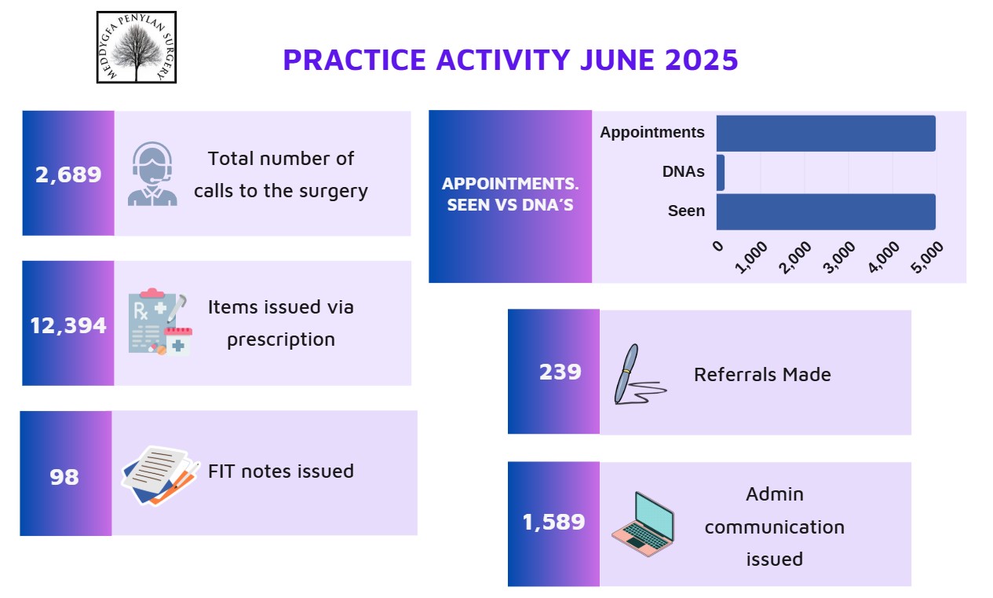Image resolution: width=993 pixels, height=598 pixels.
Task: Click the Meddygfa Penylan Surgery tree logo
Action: [x=137, y=47]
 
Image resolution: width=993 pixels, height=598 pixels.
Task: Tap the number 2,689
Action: [x=68, y=174]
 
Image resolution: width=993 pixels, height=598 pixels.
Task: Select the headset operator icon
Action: [x=152, y=174]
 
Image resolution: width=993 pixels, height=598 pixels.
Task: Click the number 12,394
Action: [x=68, y=325]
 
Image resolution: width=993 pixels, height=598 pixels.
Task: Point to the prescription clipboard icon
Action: [x=160, y=322]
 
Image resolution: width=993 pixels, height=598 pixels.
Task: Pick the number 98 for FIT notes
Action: [x=64, y=477]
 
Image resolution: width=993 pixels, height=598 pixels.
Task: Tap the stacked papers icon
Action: [x=160, y=475]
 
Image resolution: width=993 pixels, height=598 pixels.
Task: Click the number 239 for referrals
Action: [x=560, y=372]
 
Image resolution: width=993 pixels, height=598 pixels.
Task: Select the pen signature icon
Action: [x=640, y=374]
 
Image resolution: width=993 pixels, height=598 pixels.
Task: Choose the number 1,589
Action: [x=553, y=522]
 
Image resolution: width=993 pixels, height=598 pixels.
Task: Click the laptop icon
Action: [x=643, y=524]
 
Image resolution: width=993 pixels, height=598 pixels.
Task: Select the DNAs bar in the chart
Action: [x=721, y=173]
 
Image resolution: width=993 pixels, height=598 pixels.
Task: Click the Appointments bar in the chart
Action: [x=826, y=134]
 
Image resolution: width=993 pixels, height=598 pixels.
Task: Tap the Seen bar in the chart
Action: [x=826, y=211]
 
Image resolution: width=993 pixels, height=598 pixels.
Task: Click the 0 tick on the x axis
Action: [x=718, y=245]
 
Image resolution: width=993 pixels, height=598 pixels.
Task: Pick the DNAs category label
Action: [x=683, y=171]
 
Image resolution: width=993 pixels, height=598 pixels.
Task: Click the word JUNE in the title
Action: [x=617, y=60]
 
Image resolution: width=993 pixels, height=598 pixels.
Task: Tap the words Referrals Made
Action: [x=762, y=374]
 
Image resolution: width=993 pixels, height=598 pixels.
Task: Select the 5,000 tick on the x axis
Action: [x=927, y=257]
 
